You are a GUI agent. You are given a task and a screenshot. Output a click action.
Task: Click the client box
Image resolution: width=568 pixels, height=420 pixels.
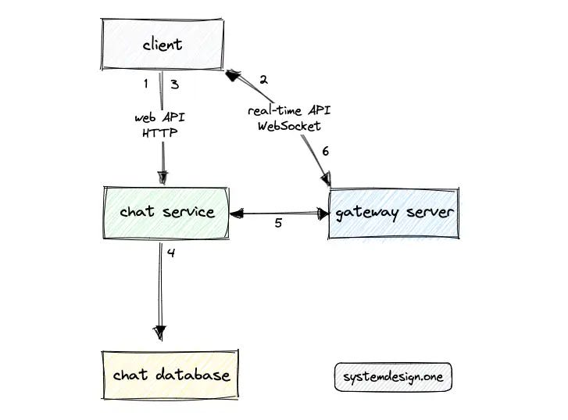(163, 45)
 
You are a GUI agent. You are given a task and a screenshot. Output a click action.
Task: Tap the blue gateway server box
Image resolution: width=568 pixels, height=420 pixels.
(394, 213)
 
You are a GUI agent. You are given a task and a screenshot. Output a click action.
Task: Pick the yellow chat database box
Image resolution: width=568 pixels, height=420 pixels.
(171, 375)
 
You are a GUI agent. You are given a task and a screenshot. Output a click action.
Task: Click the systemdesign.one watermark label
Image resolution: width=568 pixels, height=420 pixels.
(392, 377)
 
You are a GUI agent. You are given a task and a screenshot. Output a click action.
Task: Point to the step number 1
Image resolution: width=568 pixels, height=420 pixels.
(146, 84)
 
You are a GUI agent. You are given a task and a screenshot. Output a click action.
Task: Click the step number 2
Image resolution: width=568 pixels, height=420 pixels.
(263, 80)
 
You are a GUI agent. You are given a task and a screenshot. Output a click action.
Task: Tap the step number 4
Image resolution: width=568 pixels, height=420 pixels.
(171, 253)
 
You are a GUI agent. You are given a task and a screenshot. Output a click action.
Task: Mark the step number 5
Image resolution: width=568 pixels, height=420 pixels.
(278, 224)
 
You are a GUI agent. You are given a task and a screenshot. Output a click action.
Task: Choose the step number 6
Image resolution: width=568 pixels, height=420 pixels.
(327, 152)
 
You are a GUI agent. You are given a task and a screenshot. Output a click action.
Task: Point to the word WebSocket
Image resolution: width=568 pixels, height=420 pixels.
(289, 126)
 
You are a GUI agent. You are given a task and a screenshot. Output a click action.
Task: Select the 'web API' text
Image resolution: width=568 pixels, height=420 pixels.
(159, 118)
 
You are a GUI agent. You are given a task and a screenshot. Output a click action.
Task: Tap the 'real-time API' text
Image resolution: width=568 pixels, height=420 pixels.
(289, 112)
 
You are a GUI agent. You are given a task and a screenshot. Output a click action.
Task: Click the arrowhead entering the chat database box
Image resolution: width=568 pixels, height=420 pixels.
(161, 333)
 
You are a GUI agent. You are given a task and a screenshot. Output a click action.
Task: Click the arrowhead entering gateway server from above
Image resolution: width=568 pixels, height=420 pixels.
(326, 181)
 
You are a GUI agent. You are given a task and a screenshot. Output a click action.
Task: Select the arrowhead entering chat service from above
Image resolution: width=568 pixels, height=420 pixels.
(163, 178)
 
